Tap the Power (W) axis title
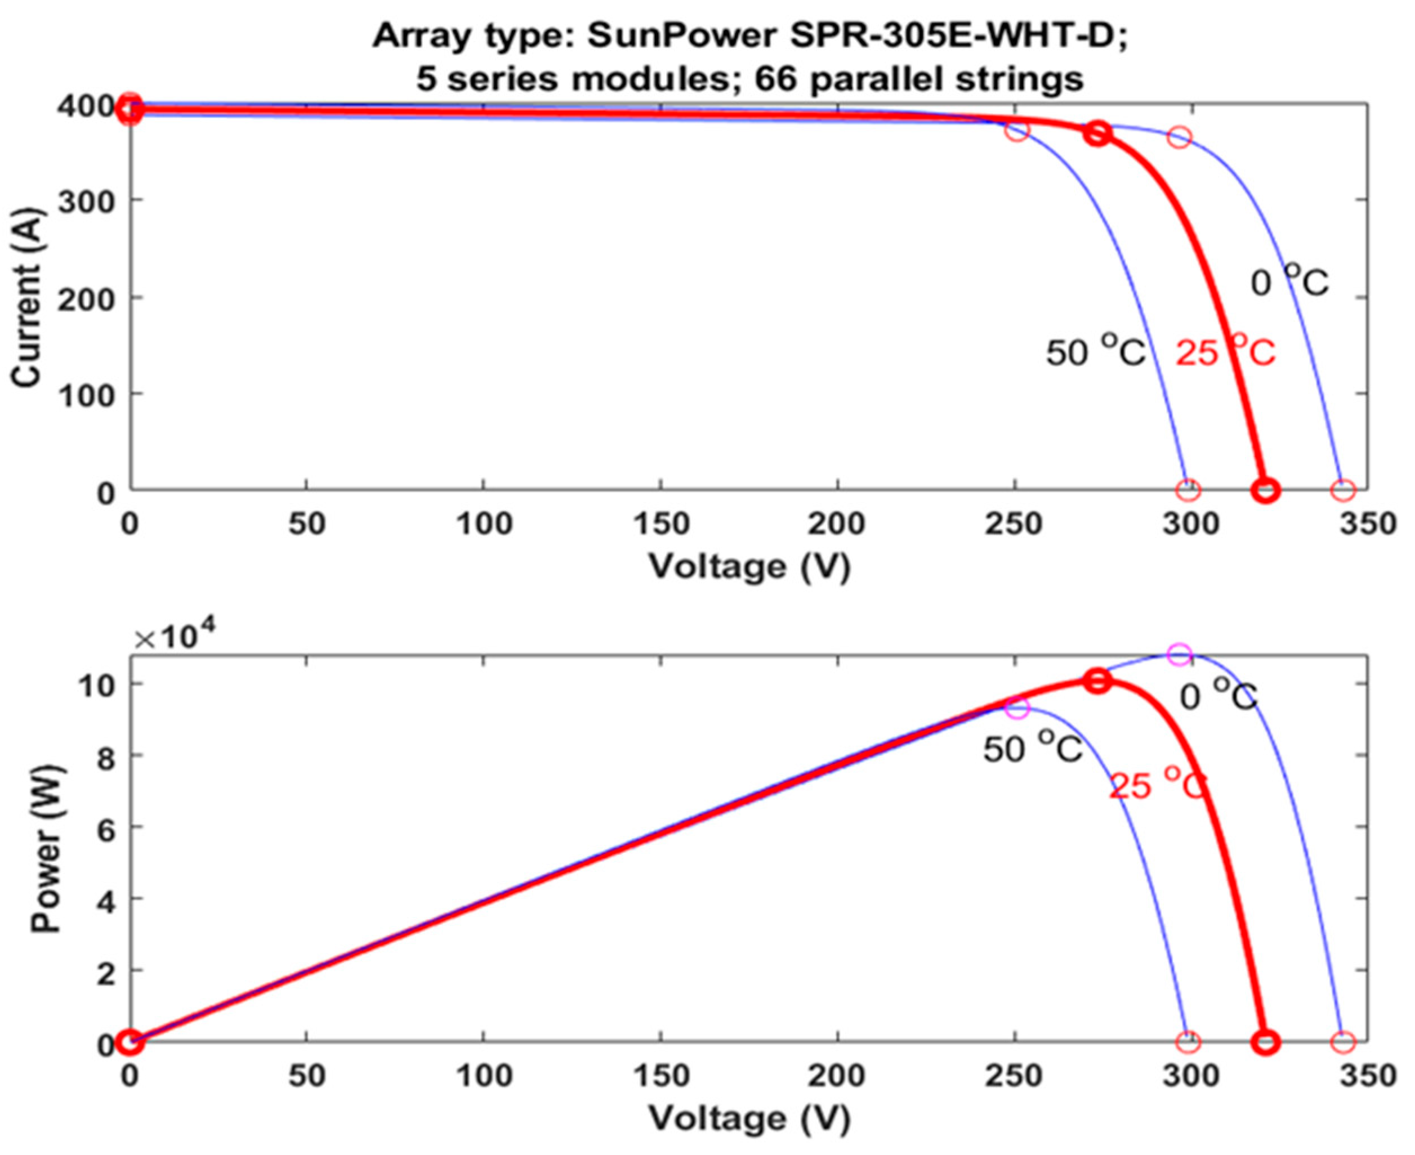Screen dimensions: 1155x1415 click(x=47, y=849)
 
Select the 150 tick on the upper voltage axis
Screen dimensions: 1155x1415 click(x=660, y=524)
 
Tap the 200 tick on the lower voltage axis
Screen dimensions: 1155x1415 click(x=837, y=1076)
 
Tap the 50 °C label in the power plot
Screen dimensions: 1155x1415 click(x=1034, y=749)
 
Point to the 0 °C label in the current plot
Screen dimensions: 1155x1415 click(x=1290, y=282)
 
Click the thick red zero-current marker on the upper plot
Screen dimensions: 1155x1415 click(x=1266, y=491)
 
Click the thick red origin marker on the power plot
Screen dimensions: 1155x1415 click(x=131, y=1042)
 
